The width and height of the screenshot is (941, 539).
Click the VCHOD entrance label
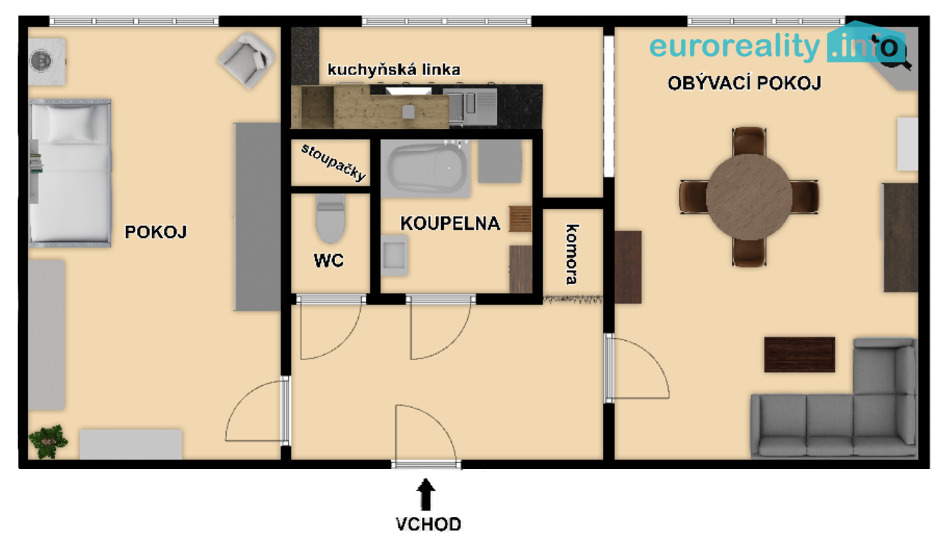(428, 524)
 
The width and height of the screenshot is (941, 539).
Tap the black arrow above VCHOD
(426, 494)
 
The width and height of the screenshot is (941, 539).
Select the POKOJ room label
(155, 232)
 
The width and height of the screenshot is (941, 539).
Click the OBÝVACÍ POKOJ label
(744, 83)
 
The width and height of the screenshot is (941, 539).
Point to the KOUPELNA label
(450, 224)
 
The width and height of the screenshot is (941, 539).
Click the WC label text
(328, 261)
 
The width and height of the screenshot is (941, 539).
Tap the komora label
(572, 255)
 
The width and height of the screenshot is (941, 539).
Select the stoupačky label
(334, 163)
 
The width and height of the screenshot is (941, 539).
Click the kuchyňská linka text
(394, 70)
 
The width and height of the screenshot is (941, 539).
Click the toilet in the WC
(331, 219)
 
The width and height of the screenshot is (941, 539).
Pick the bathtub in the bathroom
(426, 169)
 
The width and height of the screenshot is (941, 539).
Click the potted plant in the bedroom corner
(47, 441)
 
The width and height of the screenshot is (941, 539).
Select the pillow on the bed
(71, 124)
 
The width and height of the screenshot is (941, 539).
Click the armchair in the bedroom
(247, 60)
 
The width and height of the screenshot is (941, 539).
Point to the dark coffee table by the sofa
(800, 355)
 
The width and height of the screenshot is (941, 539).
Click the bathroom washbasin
(394, 256)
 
